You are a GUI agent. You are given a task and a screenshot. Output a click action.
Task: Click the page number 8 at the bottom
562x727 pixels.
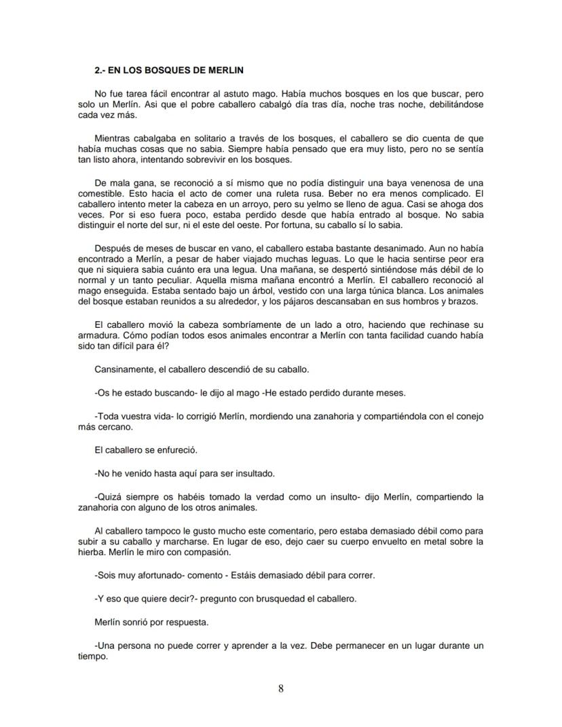point(281,689)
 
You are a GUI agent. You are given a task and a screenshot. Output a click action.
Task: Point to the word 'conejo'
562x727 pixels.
point(469,416)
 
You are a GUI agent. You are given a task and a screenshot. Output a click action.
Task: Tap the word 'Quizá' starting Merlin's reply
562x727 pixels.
point(113,496)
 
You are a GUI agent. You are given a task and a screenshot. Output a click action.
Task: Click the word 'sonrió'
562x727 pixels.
point(142,622)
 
